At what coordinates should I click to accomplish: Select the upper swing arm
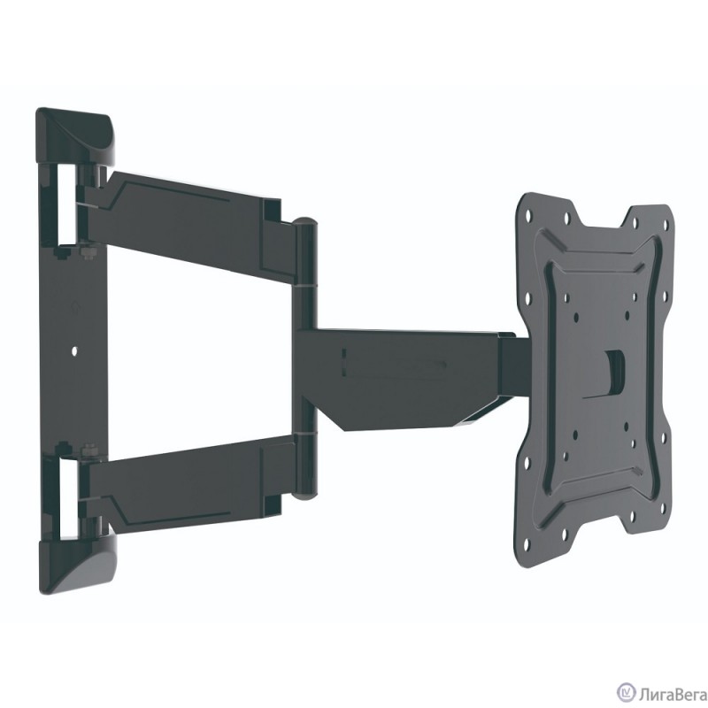186,208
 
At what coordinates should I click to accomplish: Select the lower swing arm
186,478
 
